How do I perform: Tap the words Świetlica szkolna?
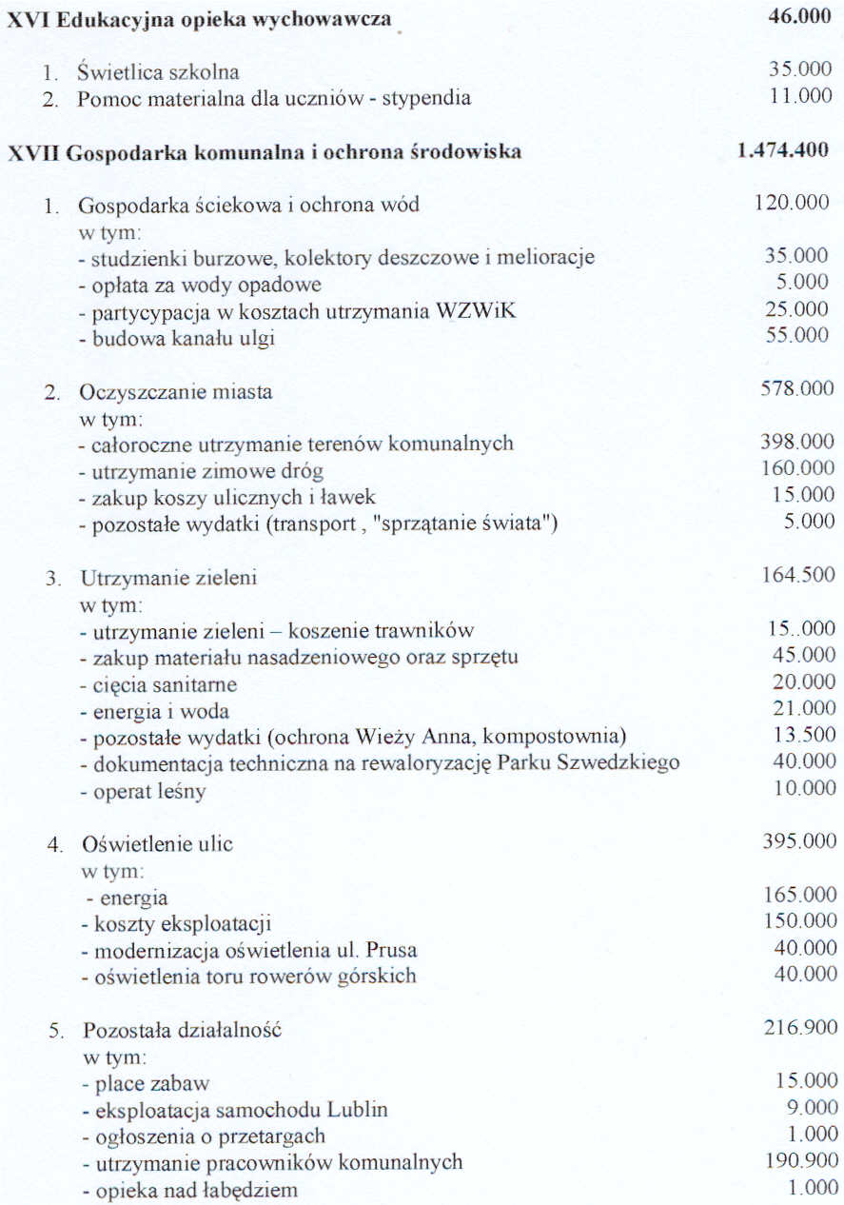click(x=159, y=72)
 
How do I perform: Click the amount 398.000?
click(x=796, y=443)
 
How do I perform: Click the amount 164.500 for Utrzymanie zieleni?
click(x=797, y=574)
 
